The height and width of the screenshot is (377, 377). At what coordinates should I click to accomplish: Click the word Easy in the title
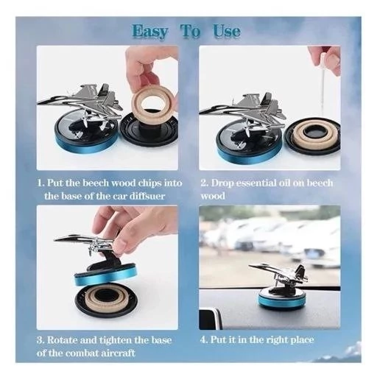click(x=150, y=32)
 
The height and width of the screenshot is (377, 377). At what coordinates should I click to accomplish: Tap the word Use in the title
click(x=227, y=31)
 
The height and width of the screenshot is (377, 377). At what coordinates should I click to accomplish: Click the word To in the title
click(x=191, y=31)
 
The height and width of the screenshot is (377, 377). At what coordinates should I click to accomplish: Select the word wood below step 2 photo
click(x=213, y=196)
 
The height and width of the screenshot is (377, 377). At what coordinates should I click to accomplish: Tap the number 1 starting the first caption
click(x=40, y=183)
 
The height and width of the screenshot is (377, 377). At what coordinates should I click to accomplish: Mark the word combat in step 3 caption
click(x=79, y=353)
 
